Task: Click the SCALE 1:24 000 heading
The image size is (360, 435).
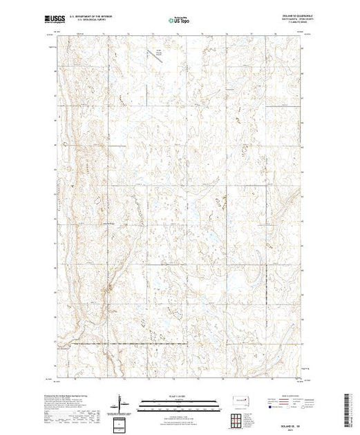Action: coord(179,396)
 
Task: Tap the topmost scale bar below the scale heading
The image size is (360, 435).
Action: coord(179,400)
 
